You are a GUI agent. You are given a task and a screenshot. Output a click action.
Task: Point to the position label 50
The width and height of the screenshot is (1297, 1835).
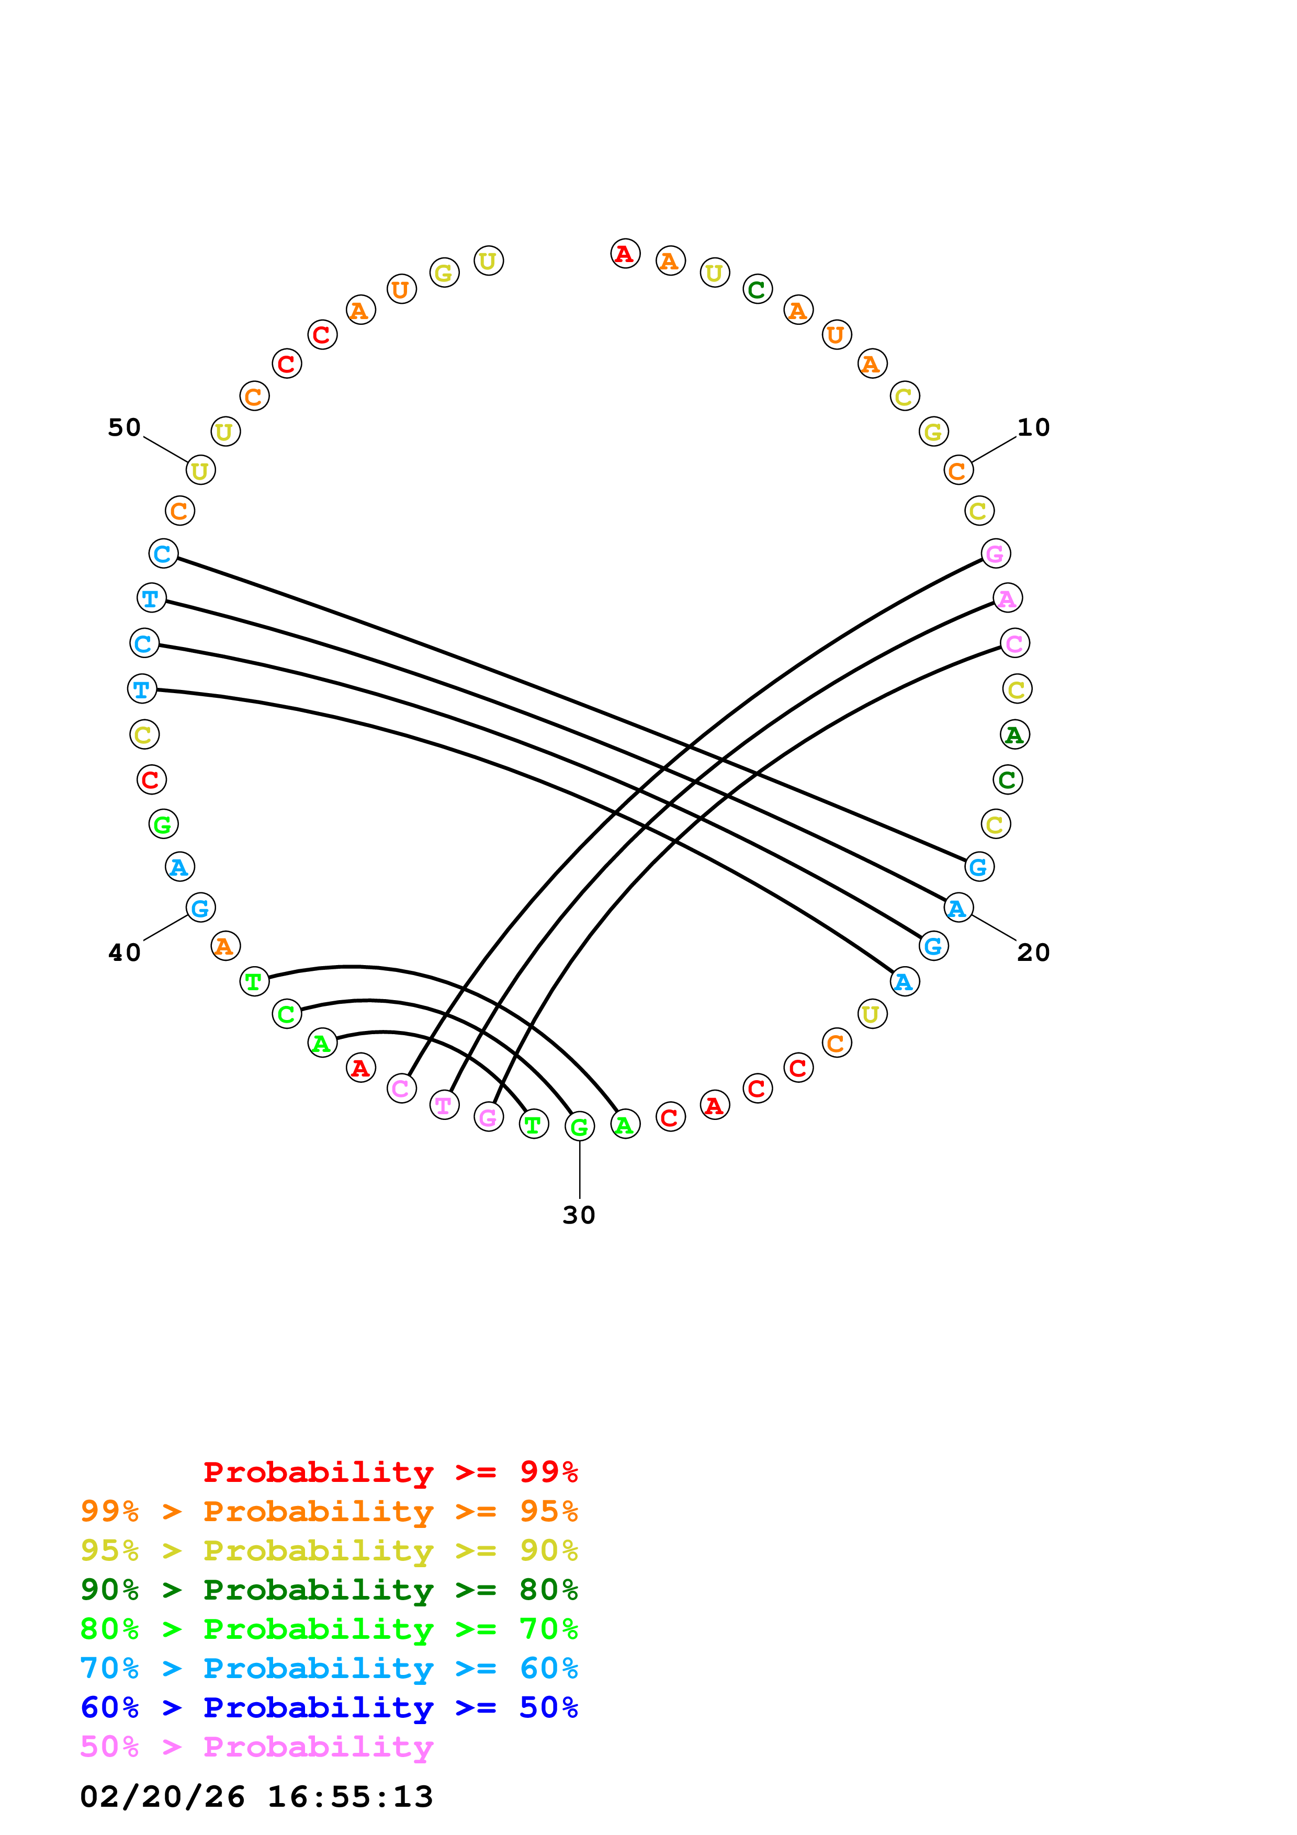(124, 427)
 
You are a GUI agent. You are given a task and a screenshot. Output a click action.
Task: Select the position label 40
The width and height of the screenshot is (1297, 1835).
(124, 953)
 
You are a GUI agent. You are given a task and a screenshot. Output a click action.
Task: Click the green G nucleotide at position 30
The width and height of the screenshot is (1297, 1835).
(579, 1127)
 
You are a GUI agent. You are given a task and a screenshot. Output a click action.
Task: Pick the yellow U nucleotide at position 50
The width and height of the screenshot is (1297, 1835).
(200, 471)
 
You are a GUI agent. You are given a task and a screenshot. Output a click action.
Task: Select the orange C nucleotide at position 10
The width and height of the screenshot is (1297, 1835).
(958, 471)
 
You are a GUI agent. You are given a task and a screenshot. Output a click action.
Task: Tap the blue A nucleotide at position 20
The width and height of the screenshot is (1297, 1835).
(958, 908)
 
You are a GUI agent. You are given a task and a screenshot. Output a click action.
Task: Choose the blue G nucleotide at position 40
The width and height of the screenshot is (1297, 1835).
(200, 908)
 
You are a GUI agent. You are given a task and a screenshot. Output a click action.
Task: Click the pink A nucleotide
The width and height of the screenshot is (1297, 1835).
(1008, 598)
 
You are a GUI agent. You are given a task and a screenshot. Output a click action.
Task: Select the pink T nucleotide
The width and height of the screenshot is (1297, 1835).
(444, 1105)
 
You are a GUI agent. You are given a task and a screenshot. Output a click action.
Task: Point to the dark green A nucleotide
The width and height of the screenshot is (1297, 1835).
(1015, 734)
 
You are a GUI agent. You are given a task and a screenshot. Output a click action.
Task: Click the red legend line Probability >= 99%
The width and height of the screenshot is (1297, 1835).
(390, 1472)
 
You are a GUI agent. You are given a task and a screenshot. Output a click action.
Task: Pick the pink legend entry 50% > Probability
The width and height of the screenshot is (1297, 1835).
(256, 1747)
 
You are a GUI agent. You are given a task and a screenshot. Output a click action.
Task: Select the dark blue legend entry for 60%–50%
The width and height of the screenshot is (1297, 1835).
(329, 1708)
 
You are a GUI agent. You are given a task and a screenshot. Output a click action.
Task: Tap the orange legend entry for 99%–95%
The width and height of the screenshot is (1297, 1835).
(329, 1511)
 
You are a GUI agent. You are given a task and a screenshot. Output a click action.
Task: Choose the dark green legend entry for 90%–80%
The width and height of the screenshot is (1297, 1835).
(329, 1590)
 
